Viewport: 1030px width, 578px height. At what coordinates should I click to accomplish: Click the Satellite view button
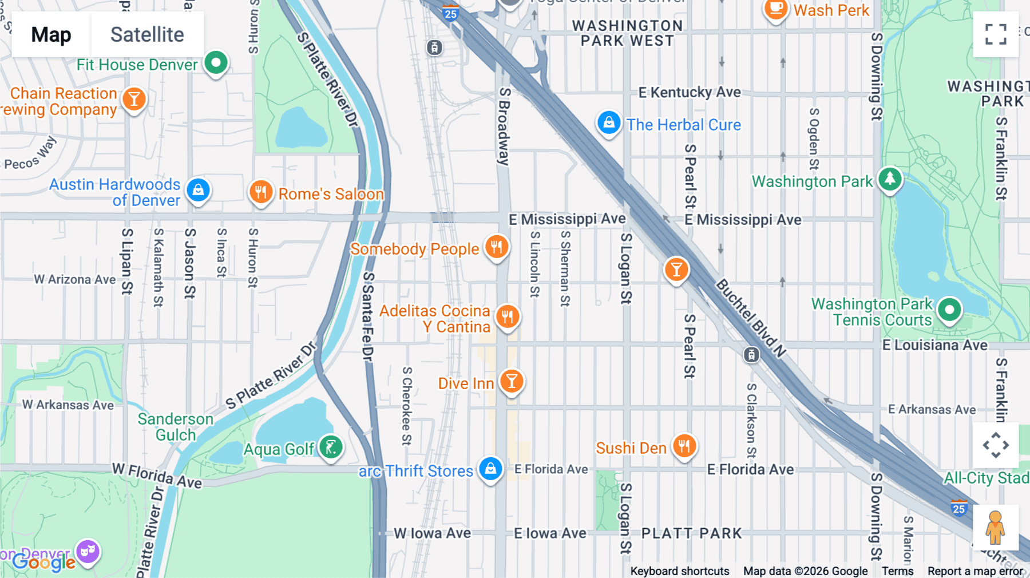[x=147, y=35]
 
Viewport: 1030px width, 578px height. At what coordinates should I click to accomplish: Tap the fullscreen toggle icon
[x=996, y=34]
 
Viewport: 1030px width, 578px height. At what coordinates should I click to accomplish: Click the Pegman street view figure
[x=995, y=528]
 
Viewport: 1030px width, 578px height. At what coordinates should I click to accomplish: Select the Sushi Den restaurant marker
[x=684, y=446]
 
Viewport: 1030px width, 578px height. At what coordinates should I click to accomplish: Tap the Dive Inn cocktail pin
[x=512, y=381]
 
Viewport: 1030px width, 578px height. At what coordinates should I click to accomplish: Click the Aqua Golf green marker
[x=331, y=447]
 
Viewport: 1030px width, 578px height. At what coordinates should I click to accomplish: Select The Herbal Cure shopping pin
[x=609, y=122]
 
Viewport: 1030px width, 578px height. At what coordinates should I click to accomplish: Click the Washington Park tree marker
[x=890, y=179]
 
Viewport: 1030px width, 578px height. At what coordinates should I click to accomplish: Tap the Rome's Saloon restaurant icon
[x=260, y=192]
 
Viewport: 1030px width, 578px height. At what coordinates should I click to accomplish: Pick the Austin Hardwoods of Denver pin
[x=198, y=189]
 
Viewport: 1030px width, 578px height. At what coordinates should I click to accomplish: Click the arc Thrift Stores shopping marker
[x=490, y=469]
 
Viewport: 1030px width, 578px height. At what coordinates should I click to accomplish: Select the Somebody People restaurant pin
[x=497, y=247]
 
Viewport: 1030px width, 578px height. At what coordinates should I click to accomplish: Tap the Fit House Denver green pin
[x=216, y=63]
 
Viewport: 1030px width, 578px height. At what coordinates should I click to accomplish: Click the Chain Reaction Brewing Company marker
[x=134, y=100]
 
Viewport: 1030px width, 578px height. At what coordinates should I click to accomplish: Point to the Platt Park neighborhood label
[x=691, y=533]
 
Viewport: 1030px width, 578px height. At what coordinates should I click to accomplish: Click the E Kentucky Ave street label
[x=690, y=92]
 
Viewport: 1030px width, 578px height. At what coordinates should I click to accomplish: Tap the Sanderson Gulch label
[x=175, y=427]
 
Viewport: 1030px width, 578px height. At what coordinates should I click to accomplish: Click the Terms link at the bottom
[x=897, y=571]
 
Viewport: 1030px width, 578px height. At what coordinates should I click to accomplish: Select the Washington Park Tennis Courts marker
[x=949, y=310]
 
